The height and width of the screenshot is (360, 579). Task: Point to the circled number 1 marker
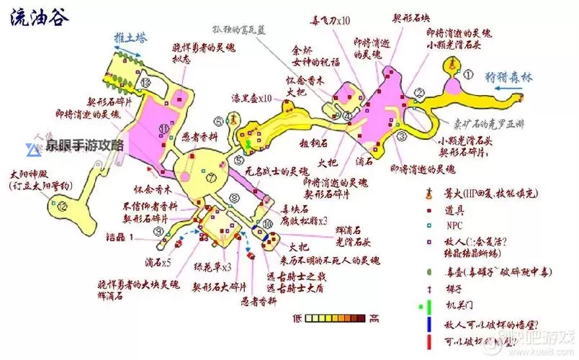468,73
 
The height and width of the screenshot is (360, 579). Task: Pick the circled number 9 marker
158,231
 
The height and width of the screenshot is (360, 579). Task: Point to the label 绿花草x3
212,268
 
